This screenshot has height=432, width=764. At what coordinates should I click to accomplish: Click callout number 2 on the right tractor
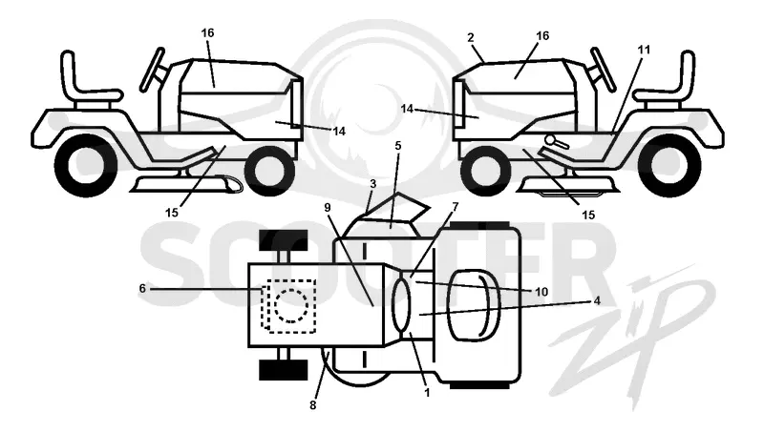point(470,37)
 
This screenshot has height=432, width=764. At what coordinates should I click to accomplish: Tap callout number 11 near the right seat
point(644,50)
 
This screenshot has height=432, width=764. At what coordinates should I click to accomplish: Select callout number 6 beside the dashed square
point(142,289)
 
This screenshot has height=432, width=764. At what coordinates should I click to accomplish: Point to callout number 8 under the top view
point(313,404)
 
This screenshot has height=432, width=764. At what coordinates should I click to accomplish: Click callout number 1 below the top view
point(427,392)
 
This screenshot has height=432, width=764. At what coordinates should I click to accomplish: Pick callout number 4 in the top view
point(597,300)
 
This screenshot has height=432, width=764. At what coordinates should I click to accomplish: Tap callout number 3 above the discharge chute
point(373,184)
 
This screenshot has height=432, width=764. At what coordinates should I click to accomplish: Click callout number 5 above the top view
point(398,146)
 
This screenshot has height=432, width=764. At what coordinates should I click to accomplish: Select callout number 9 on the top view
point(328,208)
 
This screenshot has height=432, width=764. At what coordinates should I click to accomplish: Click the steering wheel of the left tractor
point(152,70)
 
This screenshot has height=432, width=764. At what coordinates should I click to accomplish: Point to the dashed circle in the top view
point(291,305)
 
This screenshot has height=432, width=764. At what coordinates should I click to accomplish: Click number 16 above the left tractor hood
point(207,33)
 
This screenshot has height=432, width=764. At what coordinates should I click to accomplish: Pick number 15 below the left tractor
point(172,213)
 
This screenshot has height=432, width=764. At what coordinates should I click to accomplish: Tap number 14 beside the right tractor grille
point(407,109)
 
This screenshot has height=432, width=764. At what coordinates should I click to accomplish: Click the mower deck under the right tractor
point(567,185)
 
